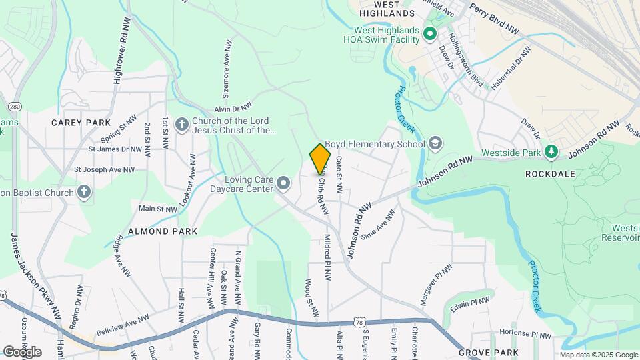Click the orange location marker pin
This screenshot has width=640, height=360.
tap(321, 159)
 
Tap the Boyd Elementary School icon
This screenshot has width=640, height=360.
tap(435, 143)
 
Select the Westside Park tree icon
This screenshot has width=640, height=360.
tap(551, 152)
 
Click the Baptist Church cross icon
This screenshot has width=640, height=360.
tap(83, 193)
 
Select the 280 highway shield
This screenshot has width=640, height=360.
tap(15, 107)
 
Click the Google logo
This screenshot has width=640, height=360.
tap(22, 351)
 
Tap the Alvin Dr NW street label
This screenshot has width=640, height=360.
tap(233, 107)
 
